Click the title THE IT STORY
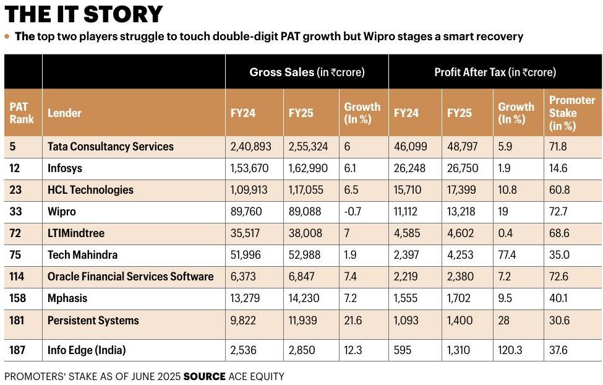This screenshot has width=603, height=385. [x=83, y=14]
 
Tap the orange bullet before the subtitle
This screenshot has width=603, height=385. [x=7, y=37]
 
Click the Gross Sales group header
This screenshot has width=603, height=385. [x=307, y=72]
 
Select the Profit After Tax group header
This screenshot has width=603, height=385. [x=495, y=72]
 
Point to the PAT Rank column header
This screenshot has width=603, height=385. [x=22, y=113]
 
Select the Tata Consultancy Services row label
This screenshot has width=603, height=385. [x=110, y=146]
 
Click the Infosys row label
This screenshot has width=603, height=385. [x=65, y=168]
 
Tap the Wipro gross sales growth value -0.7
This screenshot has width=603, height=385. [x=353, y=211]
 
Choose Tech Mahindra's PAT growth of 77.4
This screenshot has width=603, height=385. [x=507, y=254]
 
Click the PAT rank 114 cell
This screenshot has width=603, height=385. [x=17, y=276]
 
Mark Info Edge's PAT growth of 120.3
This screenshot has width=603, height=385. [x=510, y=350]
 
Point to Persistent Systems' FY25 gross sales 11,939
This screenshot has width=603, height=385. [x=302, y=321]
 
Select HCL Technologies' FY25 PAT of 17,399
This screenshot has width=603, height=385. [x=461, y=190]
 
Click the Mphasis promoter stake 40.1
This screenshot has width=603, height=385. [x=558, y=298]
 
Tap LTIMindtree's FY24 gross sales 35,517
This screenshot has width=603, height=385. [x=245, y=233]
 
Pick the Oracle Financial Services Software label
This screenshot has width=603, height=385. [x=130, y=277]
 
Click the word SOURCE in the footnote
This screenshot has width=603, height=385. [x=205, y=376]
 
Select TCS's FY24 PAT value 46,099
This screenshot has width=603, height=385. [x=410, y=146]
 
